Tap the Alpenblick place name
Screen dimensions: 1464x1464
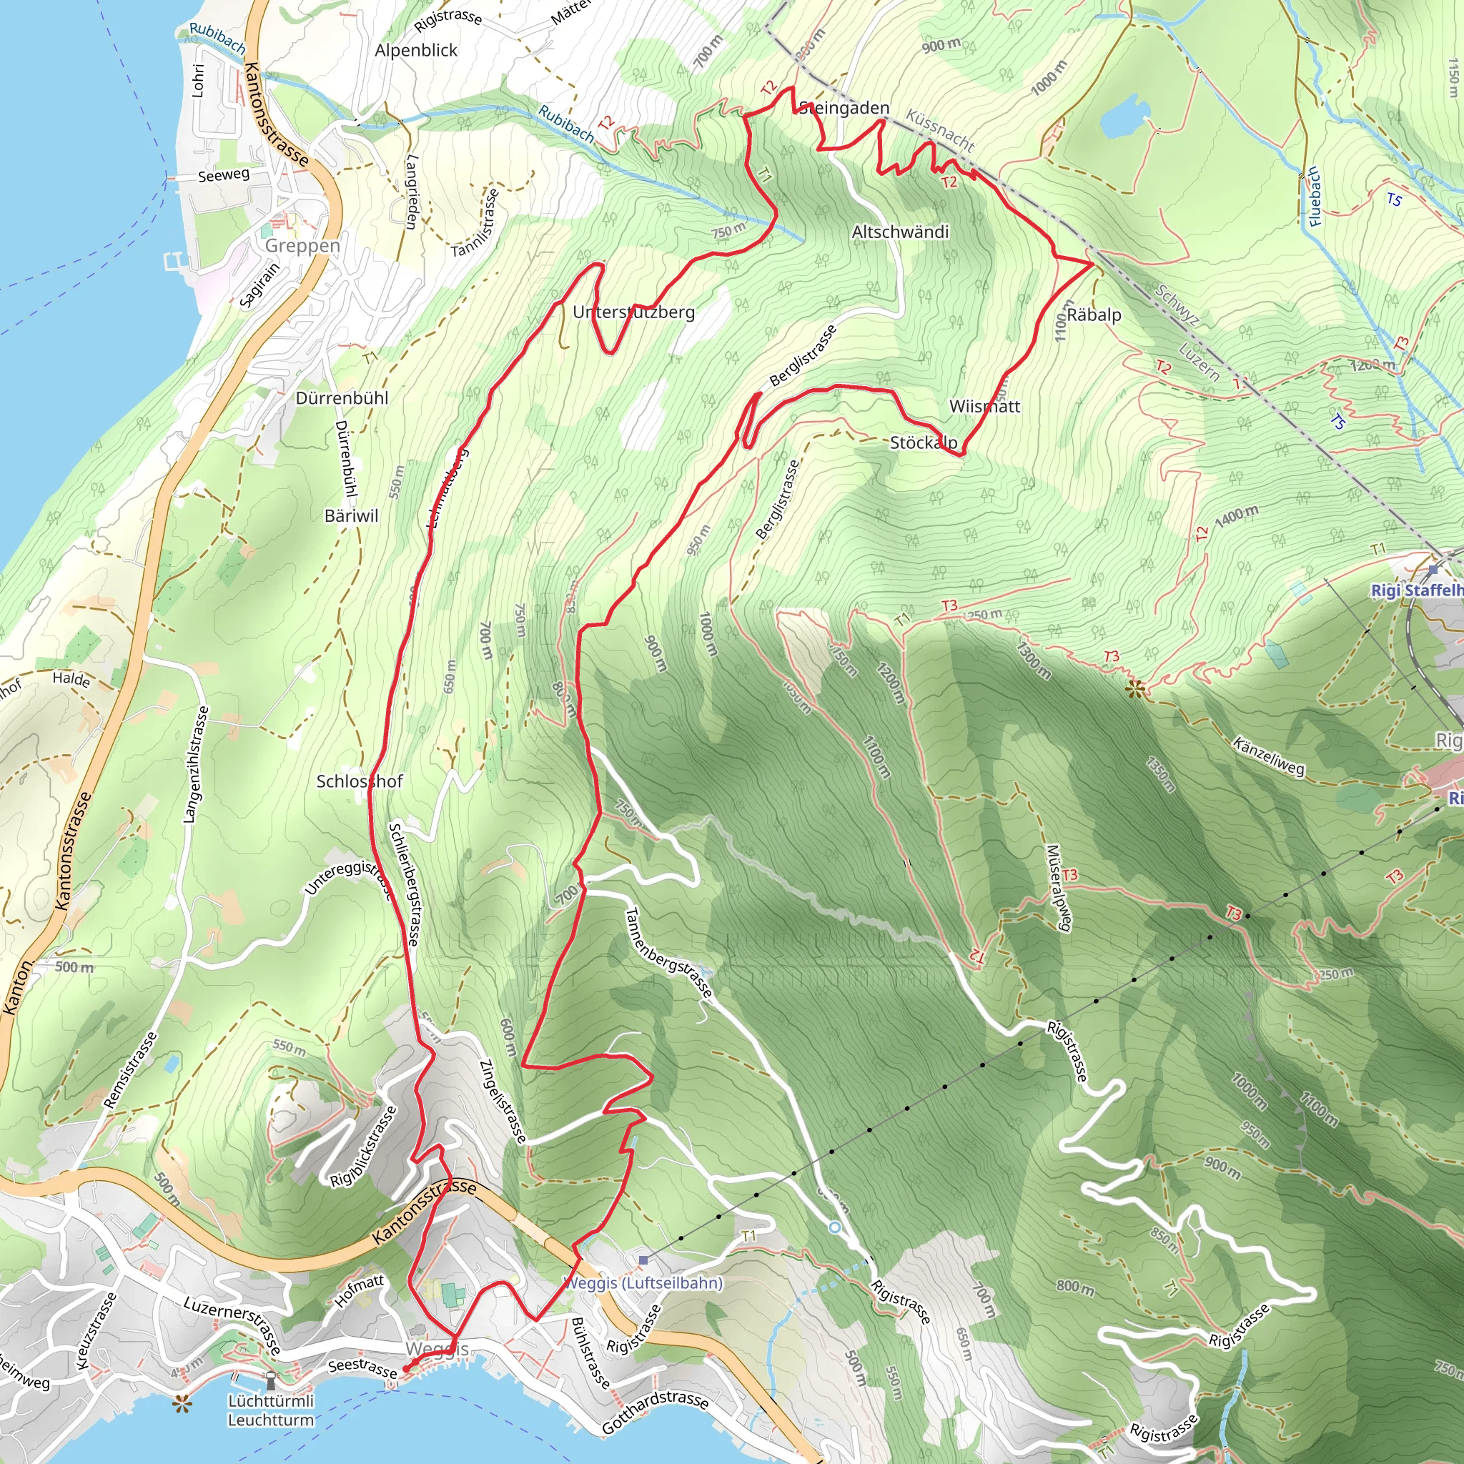[416, 51]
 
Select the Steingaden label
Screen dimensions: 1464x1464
[845, 109]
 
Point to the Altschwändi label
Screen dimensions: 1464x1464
[900, 232]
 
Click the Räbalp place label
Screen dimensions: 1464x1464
[1094, 315]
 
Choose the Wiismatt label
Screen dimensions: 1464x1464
[984, 407]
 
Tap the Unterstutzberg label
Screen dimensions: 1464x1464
[633, 312]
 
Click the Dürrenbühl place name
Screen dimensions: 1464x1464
[342, 399]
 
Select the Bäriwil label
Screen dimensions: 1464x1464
[351, 516]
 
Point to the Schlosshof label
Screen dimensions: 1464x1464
[359, 781]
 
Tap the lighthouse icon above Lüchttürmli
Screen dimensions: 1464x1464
[270, 1380]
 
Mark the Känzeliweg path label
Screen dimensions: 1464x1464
[1269, 756]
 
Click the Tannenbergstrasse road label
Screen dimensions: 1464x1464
[668, 952]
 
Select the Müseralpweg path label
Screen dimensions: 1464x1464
[1059, 887]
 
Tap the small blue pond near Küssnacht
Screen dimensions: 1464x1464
[1124, 116]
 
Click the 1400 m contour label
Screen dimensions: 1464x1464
[1236, 517]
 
